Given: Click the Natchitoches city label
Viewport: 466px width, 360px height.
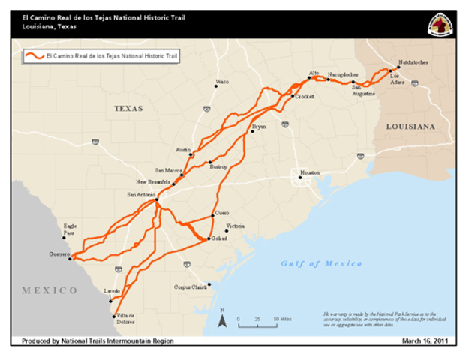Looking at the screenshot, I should [413, 62].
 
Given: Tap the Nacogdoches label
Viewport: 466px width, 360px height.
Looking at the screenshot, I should [343, 74].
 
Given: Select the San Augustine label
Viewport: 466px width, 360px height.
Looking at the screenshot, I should [364, 91].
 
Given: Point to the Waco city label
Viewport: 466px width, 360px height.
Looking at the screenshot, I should [222, 81].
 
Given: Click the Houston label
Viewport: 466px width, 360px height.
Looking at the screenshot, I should [310, 172].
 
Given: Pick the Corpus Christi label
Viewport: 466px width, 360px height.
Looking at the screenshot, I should [188, 286].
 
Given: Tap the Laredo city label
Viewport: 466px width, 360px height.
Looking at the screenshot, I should [111, 289].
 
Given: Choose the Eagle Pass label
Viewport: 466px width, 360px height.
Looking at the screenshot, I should [70, 229].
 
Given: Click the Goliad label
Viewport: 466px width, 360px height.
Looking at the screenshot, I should [219, 238].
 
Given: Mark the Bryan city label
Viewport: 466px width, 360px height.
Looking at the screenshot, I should [259, 127].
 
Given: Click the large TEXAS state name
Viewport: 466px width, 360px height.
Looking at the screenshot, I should [128, 108].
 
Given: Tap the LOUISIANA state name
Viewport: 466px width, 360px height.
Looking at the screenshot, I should [410, 127].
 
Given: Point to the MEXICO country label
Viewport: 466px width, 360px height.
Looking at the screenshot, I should [49, 289].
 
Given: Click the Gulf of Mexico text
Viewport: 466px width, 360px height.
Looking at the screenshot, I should [321, 263].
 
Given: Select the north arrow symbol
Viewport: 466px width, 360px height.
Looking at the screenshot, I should [222, 320].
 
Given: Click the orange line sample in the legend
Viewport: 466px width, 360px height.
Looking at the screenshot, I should [33, 55].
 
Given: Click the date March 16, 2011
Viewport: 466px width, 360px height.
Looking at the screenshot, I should [426, 340].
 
